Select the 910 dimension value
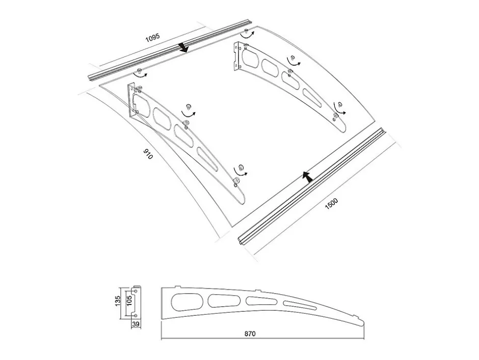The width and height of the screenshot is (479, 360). pos(148,155)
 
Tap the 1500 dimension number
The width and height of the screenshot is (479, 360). pos(331,203)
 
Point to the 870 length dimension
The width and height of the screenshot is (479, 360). pos(250,333)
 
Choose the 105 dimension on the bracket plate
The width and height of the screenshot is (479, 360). pos(128,301)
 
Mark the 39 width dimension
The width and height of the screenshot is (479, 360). pos(137,324)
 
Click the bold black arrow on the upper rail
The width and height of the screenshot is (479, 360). pos(183,47)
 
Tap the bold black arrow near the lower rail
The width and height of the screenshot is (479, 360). pos(307,177)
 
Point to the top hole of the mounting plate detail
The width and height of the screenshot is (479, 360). pos(136,290)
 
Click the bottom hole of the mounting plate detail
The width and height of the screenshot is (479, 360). pos(136,315)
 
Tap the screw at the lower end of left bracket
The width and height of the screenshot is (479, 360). pos(236,181)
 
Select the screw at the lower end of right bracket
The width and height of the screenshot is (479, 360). pos(335,116)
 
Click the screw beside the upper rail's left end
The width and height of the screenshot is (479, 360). pos(139,71)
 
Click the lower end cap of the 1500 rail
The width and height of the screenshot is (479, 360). pos(241,240)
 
